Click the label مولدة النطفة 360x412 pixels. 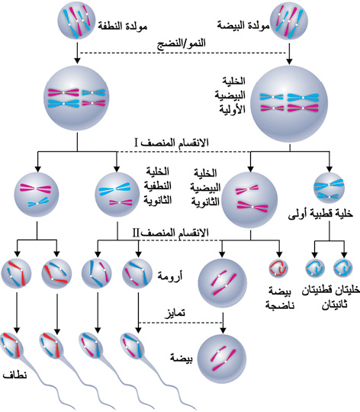(122, 26)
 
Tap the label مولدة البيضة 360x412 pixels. (243, 25)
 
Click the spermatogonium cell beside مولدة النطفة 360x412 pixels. (76, 21)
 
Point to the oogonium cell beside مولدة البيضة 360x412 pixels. (288, 21)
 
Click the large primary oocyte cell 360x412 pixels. (289, 104)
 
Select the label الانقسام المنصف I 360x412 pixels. (172, 143)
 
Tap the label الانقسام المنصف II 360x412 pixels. (171, 233)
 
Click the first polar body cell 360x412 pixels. (329, 188)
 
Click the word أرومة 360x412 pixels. (169, 276)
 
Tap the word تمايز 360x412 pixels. (175, 314)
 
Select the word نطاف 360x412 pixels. (14, 375)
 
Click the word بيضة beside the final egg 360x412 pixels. (182, 358)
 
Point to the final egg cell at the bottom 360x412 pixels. (222, 359)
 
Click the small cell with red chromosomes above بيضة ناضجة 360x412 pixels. (278, 269)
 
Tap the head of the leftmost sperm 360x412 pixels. (11, 345)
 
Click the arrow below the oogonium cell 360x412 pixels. (289, 53)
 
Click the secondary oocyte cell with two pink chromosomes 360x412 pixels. (249, 200)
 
